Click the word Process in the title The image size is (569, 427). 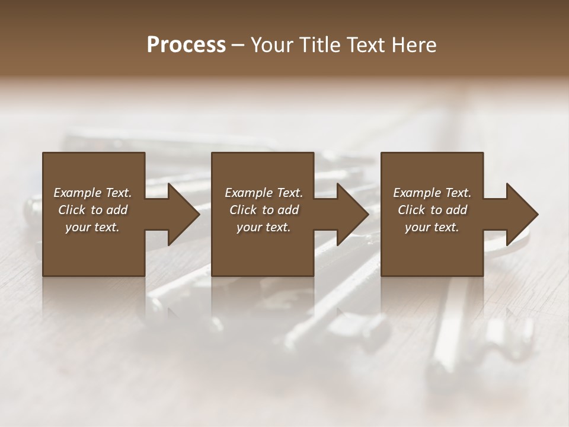tap(186, 45)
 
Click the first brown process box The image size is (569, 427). tap(94, 255)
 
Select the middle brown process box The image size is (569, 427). tap(263, 255)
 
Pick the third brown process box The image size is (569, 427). tap(431, 255)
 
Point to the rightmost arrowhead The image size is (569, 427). tap(521, 214)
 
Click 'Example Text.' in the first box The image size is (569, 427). tap(92, 193)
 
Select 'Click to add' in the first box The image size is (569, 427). tap(92, 210)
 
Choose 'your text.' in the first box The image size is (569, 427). tap(92, 227)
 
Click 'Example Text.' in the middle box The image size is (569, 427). tap(264, 193)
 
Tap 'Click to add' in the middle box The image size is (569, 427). tap(264, 210)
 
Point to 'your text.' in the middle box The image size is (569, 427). tap(264, 227)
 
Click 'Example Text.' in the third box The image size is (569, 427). tap(432, 193)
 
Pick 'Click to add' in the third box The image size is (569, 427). tap(432, 210)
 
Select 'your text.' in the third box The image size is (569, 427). tap(432, 227)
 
